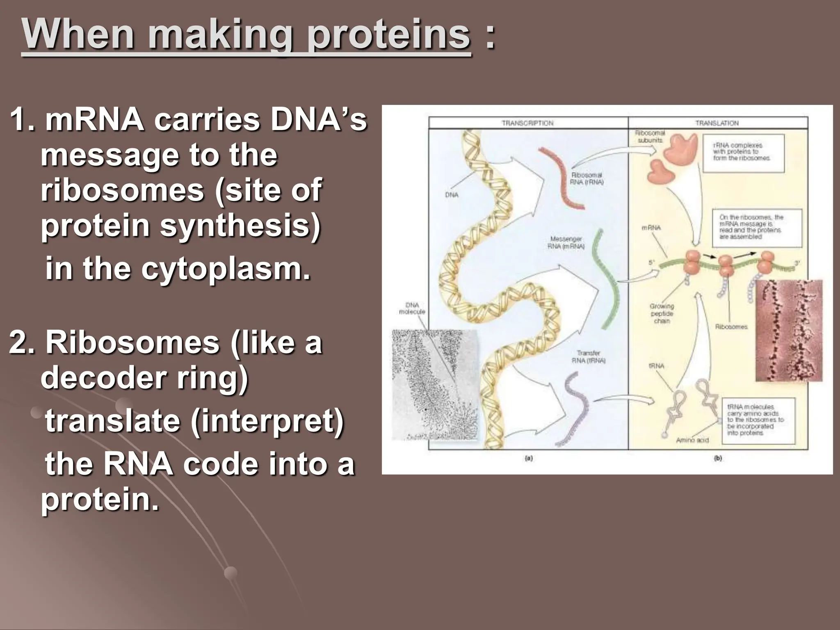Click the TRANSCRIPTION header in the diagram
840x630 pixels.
point(527,123)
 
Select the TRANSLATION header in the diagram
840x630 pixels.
point(717,123)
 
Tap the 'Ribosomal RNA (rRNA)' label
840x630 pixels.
point(587,178)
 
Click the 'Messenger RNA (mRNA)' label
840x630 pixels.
point(566,242)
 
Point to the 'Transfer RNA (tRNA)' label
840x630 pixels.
point(588,356)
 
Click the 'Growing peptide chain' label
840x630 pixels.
point(662,313)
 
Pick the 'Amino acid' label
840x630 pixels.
point(692,440)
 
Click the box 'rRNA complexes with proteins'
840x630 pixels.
point(743,152)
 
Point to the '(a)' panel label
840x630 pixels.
point(529,459)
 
